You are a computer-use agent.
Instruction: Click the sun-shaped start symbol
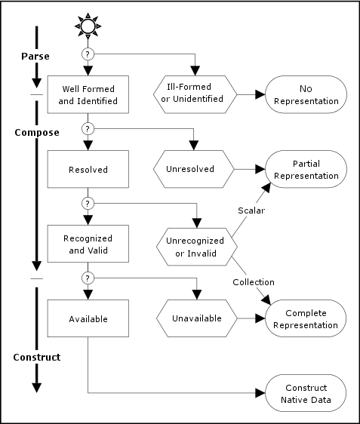coord(88,26)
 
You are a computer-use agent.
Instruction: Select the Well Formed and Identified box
coord(88,95)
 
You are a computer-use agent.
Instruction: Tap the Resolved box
coord(88,170)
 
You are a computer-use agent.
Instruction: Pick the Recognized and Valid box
coord(88,244)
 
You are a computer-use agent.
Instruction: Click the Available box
coord(88,318)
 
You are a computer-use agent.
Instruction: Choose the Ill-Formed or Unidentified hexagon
coord(195,95)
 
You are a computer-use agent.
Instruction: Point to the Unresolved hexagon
coord(195,170)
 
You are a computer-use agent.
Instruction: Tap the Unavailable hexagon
coord(195,318)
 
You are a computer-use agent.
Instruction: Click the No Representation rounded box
coord(306,95)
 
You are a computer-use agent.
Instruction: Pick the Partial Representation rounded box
coord(306,170)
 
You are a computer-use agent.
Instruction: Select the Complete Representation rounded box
coord(306,318)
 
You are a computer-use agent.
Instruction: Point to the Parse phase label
coord(34,56)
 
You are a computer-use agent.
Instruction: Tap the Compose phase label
coord(37,132)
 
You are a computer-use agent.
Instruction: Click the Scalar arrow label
coord(251,210)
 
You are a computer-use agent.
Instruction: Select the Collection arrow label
coord(254,281)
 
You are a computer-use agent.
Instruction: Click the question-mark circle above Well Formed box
coord(88,54)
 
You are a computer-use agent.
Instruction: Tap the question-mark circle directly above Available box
coord(88,278)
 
